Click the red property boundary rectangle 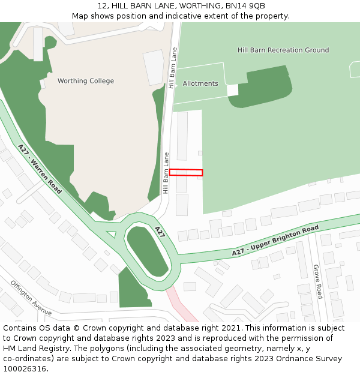(x=185, y=172)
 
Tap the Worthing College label (x=85, y=81)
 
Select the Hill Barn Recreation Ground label (x=283, y=50)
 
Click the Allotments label (x=200, y=83)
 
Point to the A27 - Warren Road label (x=40, y=169)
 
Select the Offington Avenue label (x=31, y=296)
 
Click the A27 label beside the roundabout (x=160, y=232)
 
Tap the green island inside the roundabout (x=147, y=252)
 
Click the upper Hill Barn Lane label (x=173, y=68)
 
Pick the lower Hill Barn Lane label (x=166, y=173)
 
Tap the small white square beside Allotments (x=233, y=90)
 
